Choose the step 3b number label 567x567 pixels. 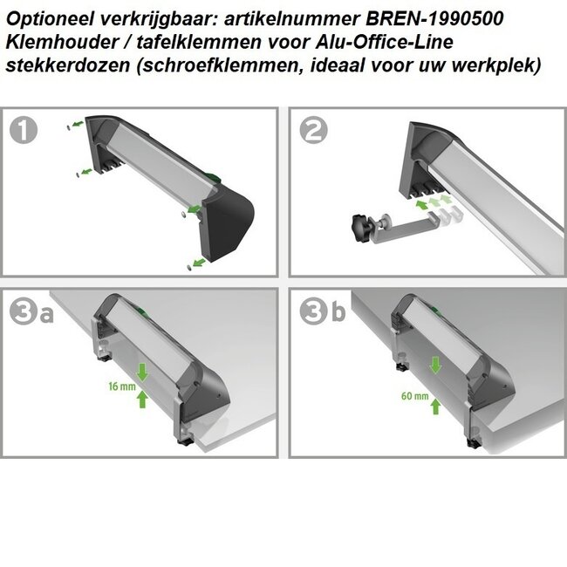(321, 312)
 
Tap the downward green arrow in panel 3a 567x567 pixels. (143, 372)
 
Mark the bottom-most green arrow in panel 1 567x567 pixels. (201, 261)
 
